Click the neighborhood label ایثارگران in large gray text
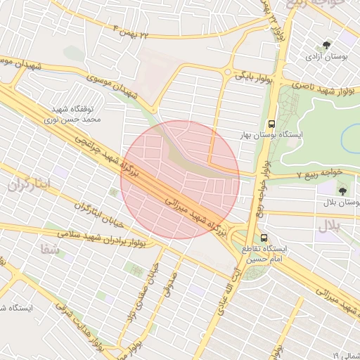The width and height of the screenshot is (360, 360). (x=30, y=186)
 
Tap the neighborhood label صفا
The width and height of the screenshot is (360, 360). (x=49, y=247)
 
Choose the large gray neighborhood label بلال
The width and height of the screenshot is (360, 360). (x=328, y=226)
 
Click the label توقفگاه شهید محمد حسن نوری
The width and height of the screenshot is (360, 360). (x=78, y=115)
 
